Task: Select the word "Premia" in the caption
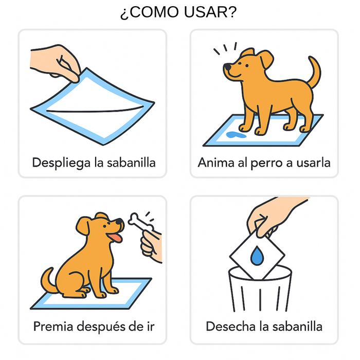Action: pos(53,326)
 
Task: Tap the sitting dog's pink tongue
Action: pos(117,238)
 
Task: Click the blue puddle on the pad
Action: pos(235,135)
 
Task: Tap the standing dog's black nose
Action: pos(227,67)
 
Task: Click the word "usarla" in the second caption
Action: pos(312,163)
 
